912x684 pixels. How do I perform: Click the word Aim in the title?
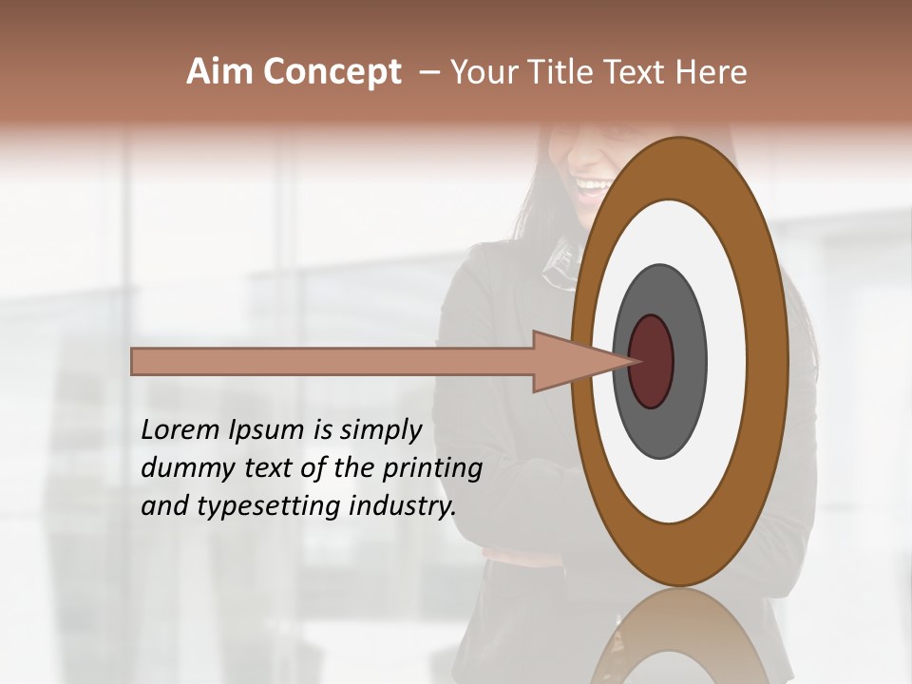[219, 72]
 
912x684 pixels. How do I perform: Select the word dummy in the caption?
[181, 468]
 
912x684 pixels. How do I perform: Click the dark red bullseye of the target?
[652, 361]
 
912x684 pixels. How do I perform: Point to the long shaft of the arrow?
[332, 361]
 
